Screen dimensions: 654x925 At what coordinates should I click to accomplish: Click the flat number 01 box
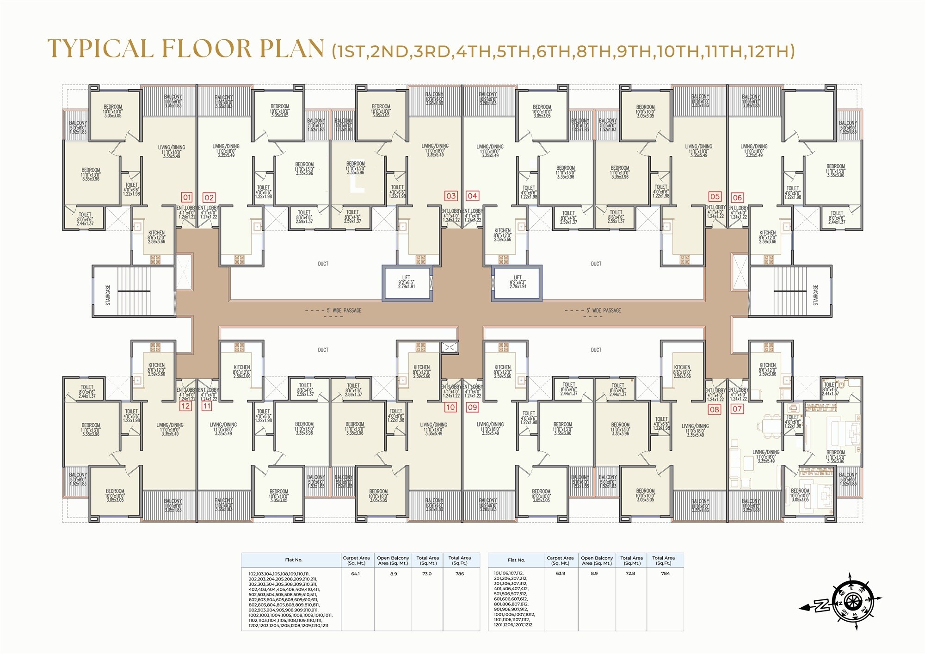pos(186,197)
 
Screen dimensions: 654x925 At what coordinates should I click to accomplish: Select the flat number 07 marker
pos(737,409)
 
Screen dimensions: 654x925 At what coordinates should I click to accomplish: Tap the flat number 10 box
pos(450,407)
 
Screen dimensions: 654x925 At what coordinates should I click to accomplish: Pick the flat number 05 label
pos(715,196)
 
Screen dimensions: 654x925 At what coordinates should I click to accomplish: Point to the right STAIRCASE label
pos(816,295)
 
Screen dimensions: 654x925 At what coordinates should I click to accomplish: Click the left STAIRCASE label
pos(108,295)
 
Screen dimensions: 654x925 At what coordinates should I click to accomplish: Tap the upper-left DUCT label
pos(323,264)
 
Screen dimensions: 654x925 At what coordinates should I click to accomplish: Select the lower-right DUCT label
pos(596,350)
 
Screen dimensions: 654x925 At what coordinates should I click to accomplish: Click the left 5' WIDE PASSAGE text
pos(344,310)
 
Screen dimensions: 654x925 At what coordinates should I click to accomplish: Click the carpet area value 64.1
pos(355,574)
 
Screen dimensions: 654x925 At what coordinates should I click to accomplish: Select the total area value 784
pos(665,573)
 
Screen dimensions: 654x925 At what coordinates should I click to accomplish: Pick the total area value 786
pos(459,574)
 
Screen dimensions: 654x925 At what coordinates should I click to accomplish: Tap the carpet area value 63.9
pos(560,573)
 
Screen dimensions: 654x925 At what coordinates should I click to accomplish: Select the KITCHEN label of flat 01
pos(156,233)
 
